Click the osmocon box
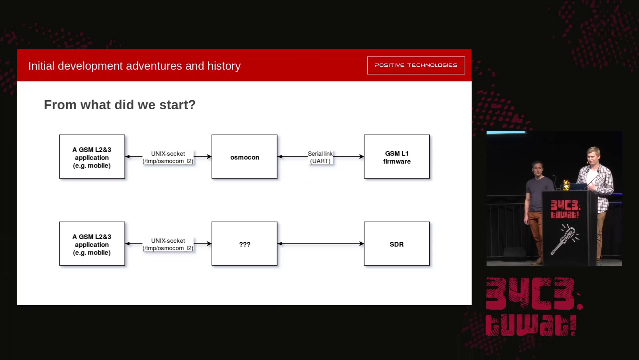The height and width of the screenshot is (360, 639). click(x=244, y=157)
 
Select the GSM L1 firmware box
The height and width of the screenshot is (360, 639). click(x=397, y=157)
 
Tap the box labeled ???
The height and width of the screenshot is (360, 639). click(x=244, y=244)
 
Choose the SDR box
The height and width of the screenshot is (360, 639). click(x=397, y=244)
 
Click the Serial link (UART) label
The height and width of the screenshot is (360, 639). click(x=320, y=157)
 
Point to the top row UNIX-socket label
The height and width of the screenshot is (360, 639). click(x=168, y=157)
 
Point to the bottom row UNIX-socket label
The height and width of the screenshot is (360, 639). click(x=168, y=244)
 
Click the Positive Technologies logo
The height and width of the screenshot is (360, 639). click(x=416, y=65)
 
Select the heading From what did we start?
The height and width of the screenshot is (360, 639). click(x=120, y=105)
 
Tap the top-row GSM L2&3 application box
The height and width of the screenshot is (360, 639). click(x=92, y=157)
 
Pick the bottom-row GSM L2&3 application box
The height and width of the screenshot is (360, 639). click(x=92, y=244)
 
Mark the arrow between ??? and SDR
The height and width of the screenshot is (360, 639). click(x=320, y=244)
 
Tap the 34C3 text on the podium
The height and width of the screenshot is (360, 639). click(x=565, y=205)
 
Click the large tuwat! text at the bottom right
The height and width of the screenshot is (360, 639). click(x=531, y=325)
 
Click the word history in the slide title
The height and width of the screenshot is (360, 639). click(x=224, y=66)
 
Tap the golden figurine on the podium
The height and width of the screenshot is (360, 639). click(x=566, y=185)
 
